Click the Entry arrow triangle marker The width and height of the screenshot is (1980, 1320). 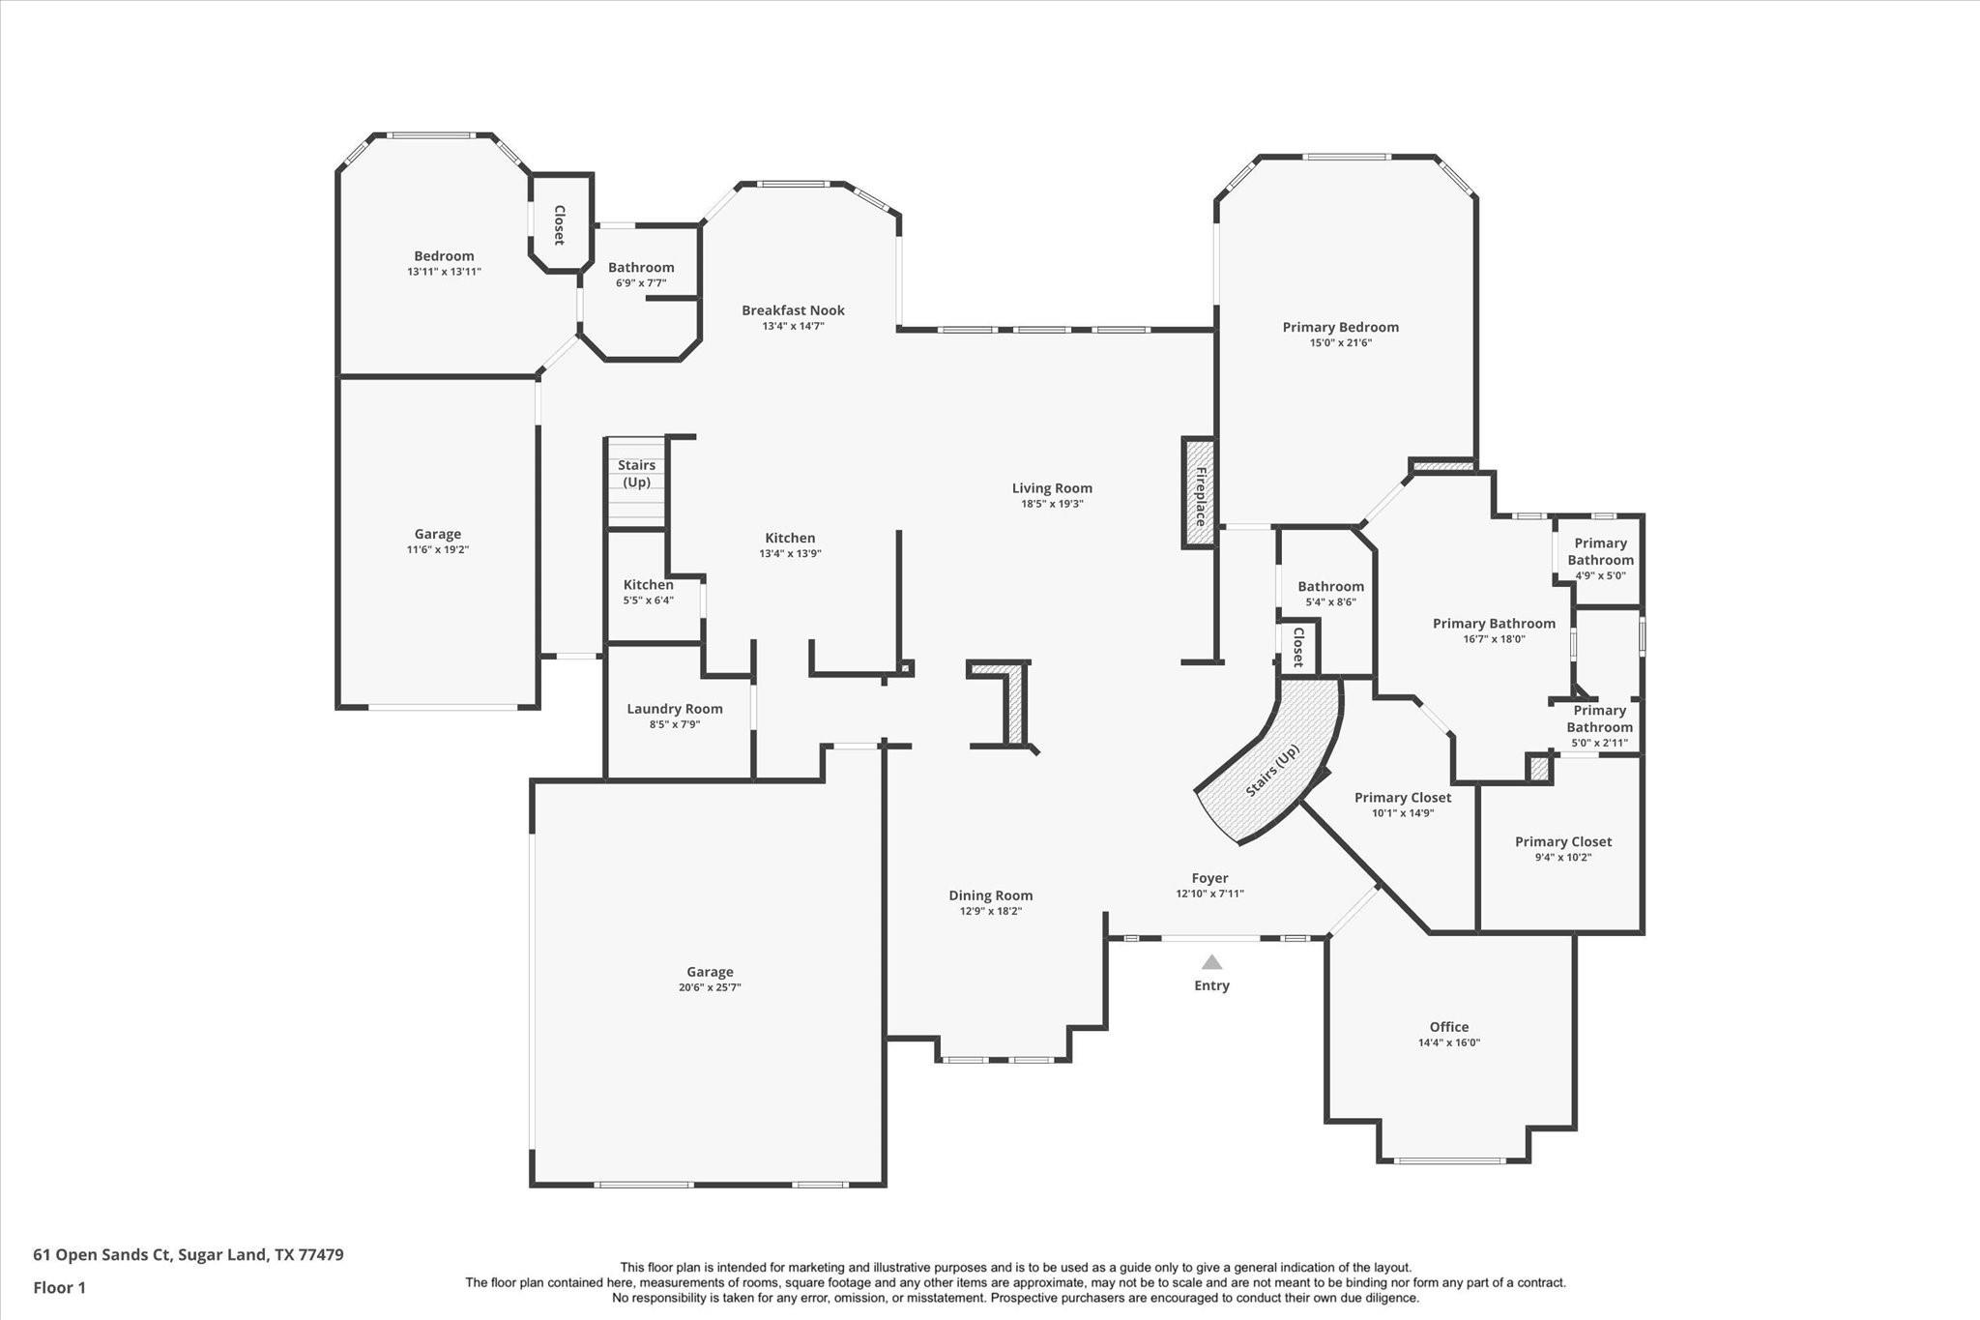click(x=1211, y=962)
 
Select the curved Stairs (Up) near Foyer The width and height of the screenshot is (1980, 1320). click(x=1272, y=770)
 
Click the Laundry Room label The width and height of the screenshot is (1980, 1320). click(x=675, y=709)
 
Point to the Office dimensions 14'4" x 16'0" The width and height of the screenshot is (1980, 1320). click(x=1448, y=1042)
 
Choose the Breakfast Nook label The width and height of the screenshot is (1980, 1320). click(x=793, y=310)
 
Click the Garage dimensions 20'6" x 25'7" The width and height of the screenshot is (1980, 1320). click(x=710, y=987)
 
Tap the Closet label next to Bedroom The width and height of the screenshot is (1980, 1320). click(x=559, y=224)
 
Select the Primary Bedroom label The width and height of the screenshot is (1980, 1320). click(x=1340, y=327)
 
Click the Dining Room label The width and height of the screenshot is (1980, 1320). click(x=990, y=895)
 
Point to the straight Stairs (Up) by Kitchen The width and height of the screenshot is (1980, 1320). click(x=636, y=474)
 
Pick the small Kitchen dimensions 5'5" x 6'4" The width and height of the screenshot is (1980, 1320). click(x=648, y=601)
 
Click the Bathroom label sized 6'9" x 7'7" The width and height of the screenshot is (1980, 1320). click(x=641, y=268)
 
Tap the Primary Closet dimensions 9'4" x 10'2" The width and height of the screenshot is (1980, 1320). click(x=1562, y=857)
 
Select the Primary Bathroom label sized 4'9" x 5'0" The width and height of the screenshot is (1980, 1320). click(x=1600, y=551)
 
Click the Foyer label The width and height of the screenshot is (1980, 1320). click(x=1209, y=878)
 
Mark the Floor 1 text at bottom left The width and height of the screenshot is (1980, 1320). click(x=60, y=1287)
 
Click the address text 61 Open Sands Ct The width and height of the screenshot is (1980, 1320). click(x=102, y=1255)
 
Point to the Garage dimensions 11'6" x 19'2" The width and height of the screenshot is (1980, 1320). click(x=437, y=549)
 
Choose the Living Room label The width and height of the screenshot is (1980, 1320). click(x=1052, y=488)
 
